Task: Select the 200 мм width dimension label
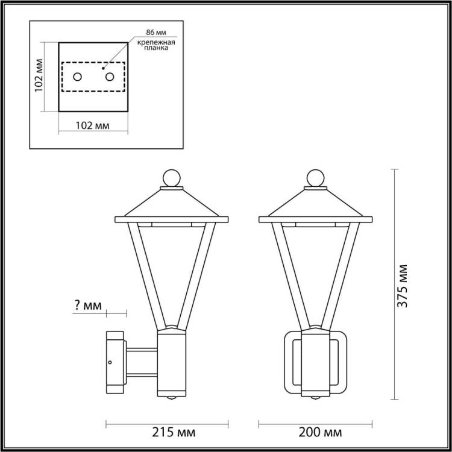tap(322, 433)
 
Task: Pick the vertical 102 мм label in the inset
tap(38, 77)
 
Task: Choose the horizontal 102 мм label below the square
tap(92, 126)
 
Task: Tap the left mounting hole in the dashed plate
tap(78, 77)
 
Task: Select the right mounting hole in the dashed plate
tap(109, 77)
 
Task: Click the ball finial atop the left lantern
tap(171, 178)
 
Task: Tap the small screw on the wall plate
tap(110, 363)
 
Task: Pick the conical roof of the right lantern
tap(314, 204)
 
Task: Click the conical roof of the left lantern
tap(171, 204)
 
